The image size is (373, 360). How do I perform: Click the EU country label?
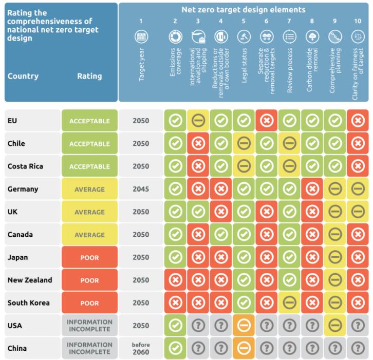[13, 121]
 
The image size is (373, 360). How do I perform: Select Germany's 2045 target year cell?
[141, 190]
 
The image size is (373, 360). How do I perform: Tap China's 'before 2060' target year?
[141, 348]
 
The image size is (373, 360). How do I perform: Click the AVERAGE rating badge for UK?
[89, 212]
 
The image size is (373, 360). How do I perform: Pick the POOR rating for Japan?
[89, 258]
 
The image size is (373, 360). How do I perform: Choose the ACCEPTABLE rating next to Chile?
[89, 144]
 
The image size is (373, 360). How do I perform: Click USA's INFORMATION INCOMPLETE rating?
[89, 326]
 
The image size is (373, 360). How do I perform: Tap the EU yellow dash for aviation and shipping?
[198, 121]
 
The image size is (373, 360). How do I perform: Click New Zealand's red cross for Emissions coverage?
[175, 280]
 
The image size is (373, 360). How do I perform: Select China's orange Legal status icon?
[244, 348]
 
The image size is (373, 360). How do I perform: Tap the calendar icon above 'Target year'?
[141, 37]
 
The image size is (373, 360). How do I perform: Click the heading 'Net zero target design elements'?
[243, 10]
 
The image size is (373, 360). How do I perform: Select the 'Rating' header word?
[89, 76]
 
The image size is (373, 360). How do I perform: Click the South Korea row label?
[29, 303]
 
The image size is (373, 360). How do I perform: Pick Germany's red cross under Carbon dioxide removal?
[312, 190]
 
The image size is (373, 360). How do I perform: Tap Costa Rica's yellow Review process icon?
[289, 167]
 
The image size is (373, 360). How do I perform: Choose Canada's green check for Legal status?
[244, 235]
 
